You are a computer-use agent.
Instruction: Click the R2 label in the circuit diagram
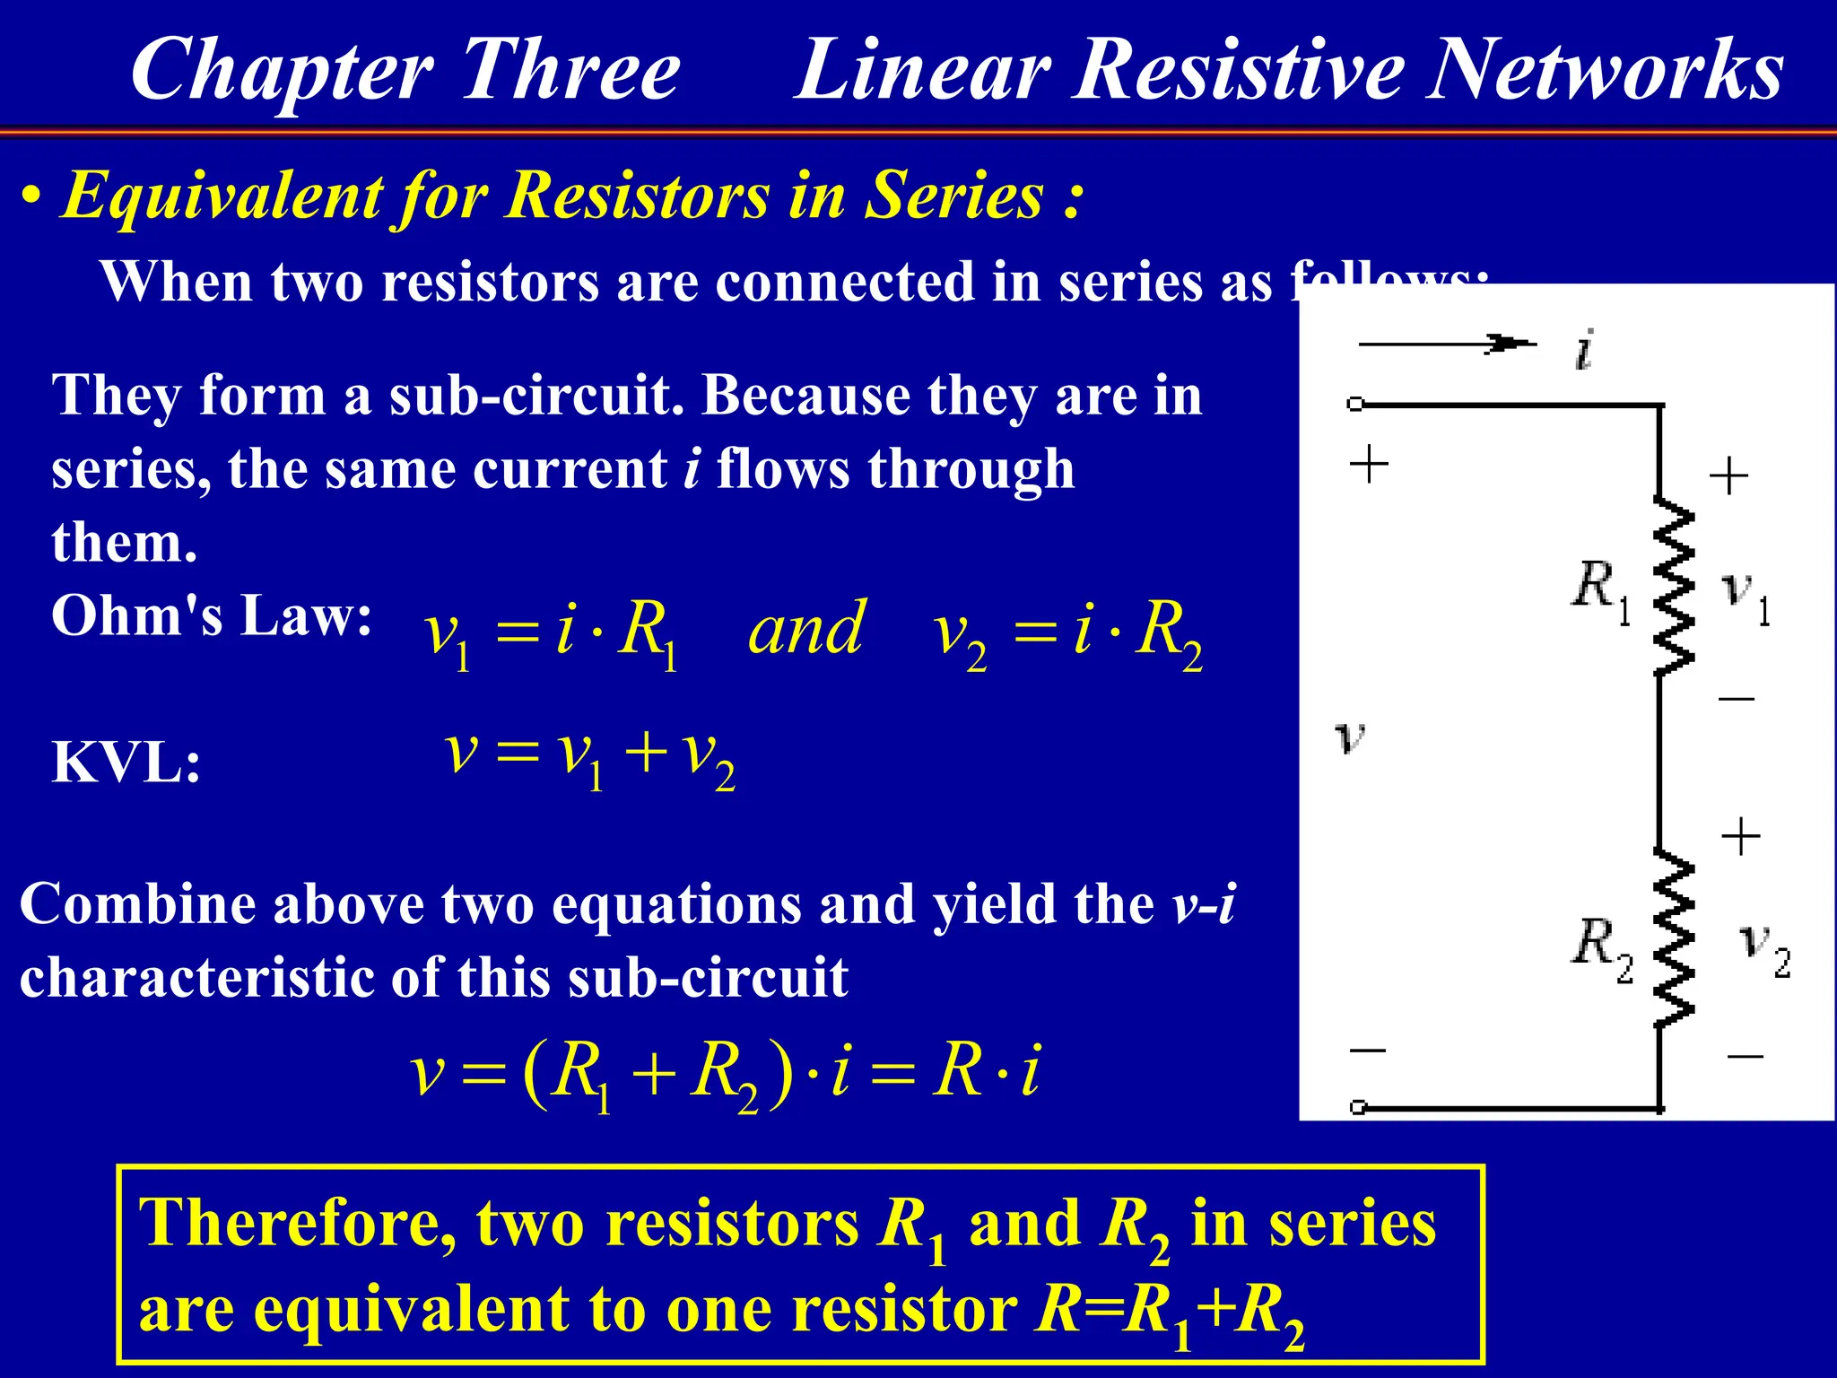(x=1601, y=947)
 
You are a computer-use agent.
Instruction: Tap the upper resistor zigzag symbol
(x=1674, y=588)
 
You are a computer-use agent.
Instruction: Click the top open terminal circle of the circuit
(x=1355, y=405)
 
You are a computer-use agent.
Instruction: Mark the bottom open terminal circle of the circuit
(x=1358, y=1107)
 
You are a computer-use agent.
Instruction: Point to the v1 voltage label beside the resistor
(x=1746, y=596)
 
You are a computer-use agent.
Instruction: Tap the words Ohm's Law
(x=212, y=617)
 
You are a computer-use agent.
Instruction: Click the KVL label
(x=126, y=763)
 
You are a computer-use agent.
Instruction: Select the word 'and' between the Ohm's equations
(x=805, y=629)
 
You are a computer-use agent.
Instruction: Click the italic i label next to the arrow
(x=1585, y=350)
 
